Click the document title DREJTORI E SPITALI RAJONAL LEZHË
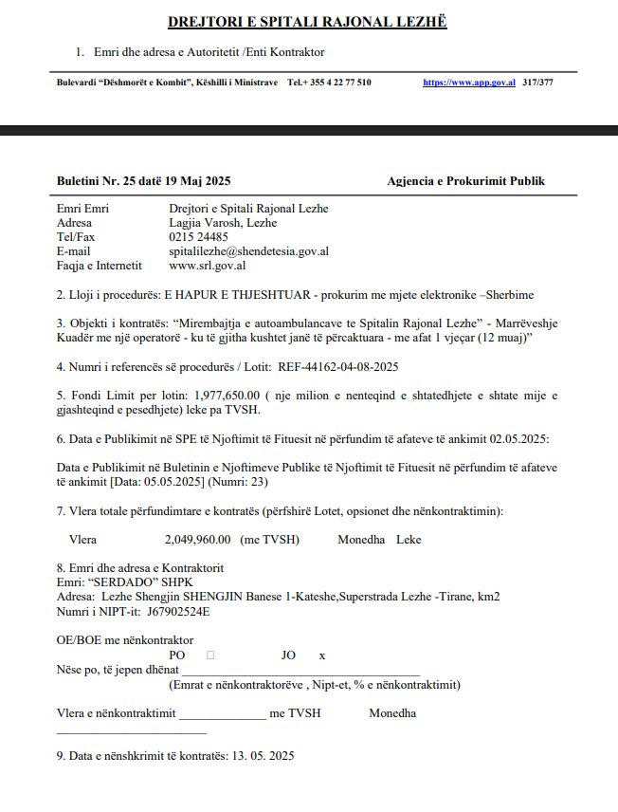point(307,22)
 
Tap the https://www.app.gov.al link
point(469,83)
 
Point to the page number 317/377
point(537,83)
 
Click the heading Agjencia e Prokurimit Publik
point(465,181)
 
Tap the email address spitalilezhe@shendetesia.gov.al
point(249,251)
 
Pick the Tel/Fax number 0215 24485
point(198,237)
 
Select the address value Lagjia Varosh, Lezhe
point(223,223)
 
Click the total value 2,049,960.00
point(197,540)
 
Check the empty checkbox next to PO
point(209,655)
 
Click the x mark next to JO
point(322,655)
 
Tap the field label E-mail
point(74,251)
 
